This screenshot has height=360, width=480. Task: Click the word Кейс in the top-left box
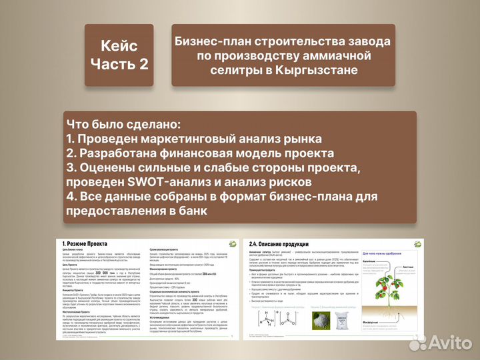[119, 46]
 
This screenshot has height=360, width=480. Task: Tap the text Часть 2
[119, 65]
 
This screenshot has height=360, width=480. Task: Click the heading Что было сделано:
[123, 125]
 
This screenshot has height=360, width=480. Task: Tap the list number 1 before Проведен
[70, 139]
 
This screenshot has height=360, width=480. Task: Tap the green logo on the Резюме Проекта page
[231, 244]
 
